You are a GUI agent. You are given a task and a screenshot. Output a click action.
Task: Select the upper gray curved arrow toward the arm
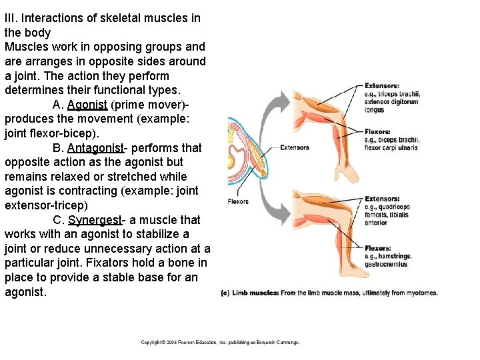coord(273,110)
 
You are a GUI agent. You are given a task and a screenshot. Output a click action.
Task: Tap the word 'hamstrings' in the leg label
coord(395,256)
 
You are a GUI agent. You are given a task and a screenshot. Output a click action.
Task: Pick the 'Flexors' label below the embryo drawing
coord(238,201)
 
